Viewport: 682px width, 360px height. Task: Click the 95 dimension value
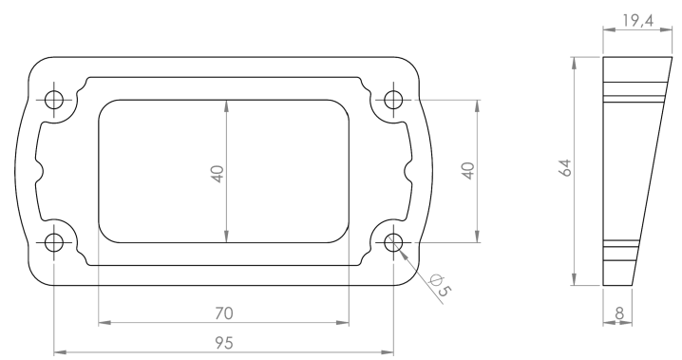(x=224, y=344)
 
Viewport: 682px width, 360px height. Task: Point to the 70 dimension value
(x=224, y=313)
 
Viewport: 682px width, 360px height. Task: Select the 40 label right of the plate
(x=468, y=170)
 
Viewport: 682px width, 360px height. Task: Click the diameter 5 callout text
(x=440, y=285)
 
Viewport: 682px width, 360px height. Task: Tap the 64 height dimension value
(x=565, y=168)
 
